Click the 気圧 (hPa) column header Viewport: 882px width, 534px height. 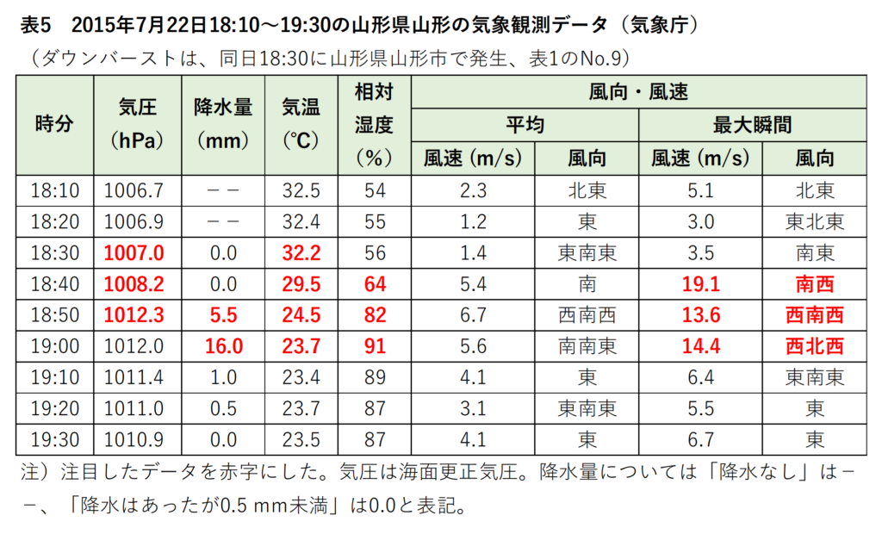tap(137, 125)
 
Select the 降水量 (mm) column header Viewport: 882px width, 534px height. tap(223, 125)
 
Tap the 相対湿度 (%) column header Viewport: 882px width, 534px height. tap(374, 125)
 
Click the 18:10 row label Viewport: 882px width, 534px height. tap(55, 190)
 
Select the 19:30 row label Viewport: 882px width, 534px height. tap(55, 440)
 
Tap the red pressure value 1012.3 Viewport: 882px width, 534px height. tap(137, 315)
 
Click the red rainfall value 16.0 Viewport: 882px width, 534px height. tap(223, 346)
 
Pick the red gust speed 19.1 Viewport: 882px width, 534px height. tap(700, 284)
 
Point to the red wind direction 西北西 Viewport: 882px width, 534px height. tap(815, 346)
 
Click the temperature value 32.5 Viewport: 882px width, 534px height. tap(301, 190)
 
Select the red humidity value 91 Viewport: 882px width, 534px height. tap(374, 346)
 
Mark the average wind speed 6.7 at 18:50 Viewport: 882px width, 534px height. tap(473, 315)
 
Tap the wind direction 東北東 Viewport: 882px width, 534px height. tap(815, 221)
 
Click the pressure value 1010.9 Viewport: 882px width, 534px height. tap(137, 440)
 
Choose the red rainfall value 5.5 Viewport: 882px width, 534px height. tap(223, 315)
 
